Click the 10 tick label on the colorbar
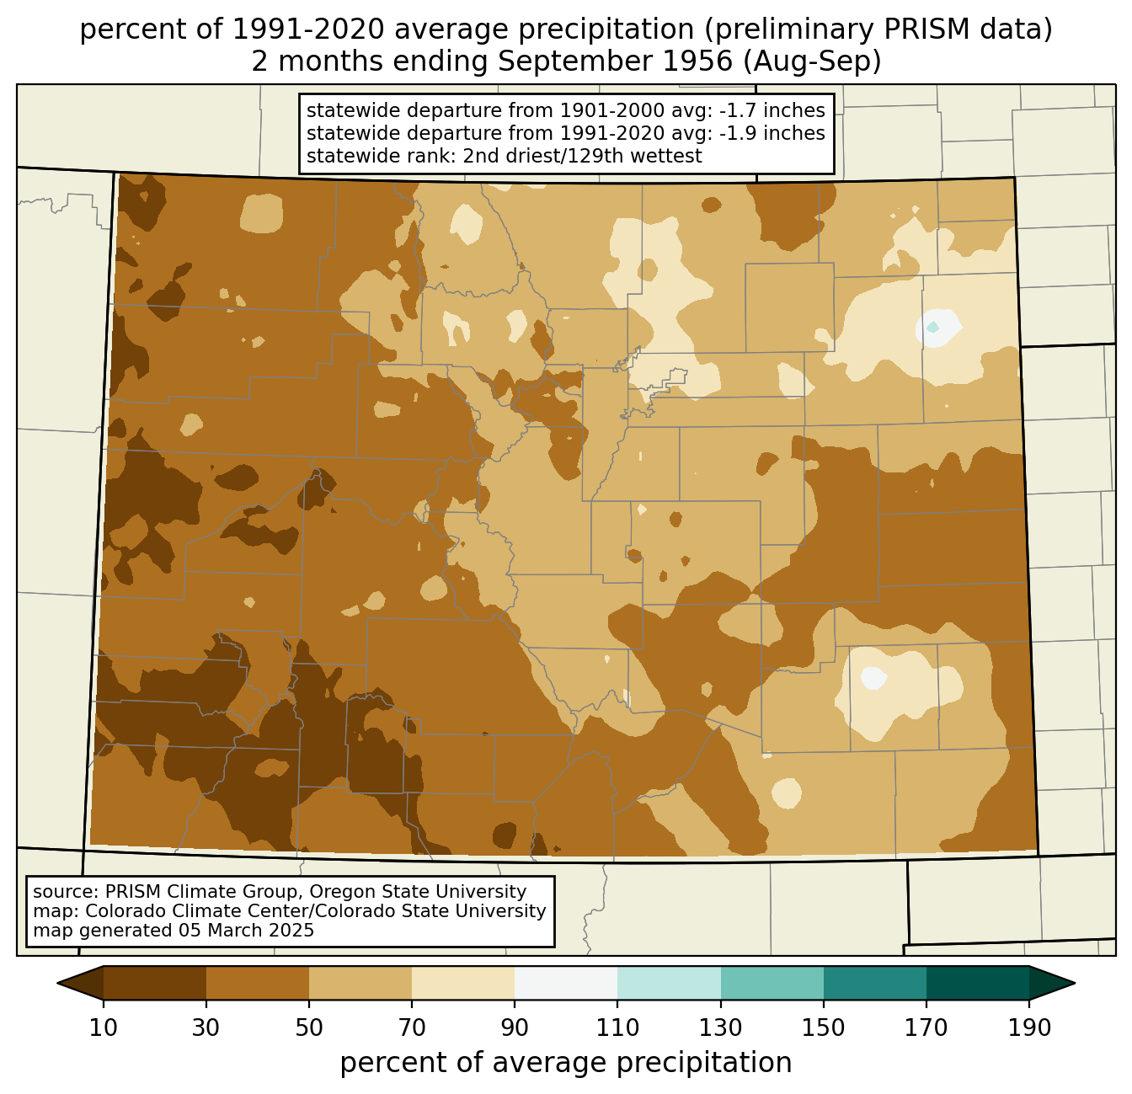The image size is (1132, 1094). tap(103, 1028)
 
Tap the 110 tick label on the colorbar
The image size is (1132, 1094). tap(617, 1028)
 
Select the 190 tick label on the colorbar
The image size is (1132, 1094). tap(1028, 1028)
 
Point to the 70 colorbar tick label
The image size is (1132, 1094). tap(412, 1028)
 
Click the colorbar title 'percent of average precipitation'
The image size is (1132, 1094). tap(565, 1063)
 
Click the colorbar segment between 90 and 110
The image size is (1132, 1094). tap(566, 983)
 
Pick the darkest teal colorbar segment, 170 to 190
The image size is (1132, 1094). tap(977, 983)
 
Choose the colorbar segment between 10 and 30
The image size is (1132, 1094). tap(155, 983)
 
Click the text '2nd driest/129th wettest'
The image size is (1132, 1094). tap(582, 156)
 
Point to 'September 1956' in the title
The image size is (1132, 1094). tap(615, 61)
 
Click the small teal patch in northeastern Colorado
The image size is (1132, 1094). tap(932, 326)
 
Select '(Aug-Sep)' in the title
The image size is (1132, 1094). tap(812, 61)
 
